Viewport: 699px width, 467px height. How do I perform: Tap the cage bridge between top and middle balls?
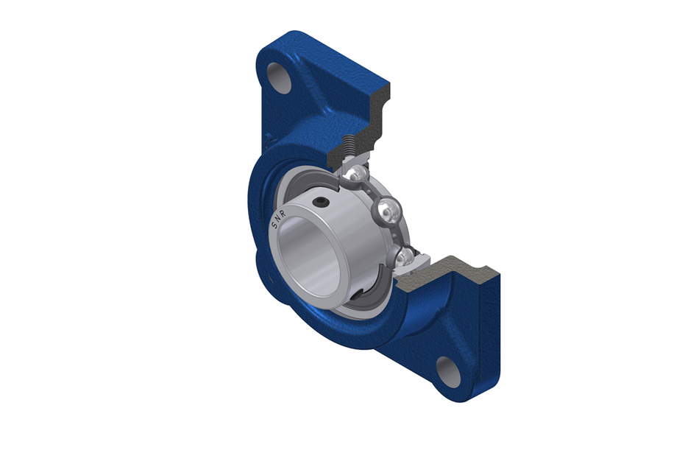pyautogui.click(x=372, y=193)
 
